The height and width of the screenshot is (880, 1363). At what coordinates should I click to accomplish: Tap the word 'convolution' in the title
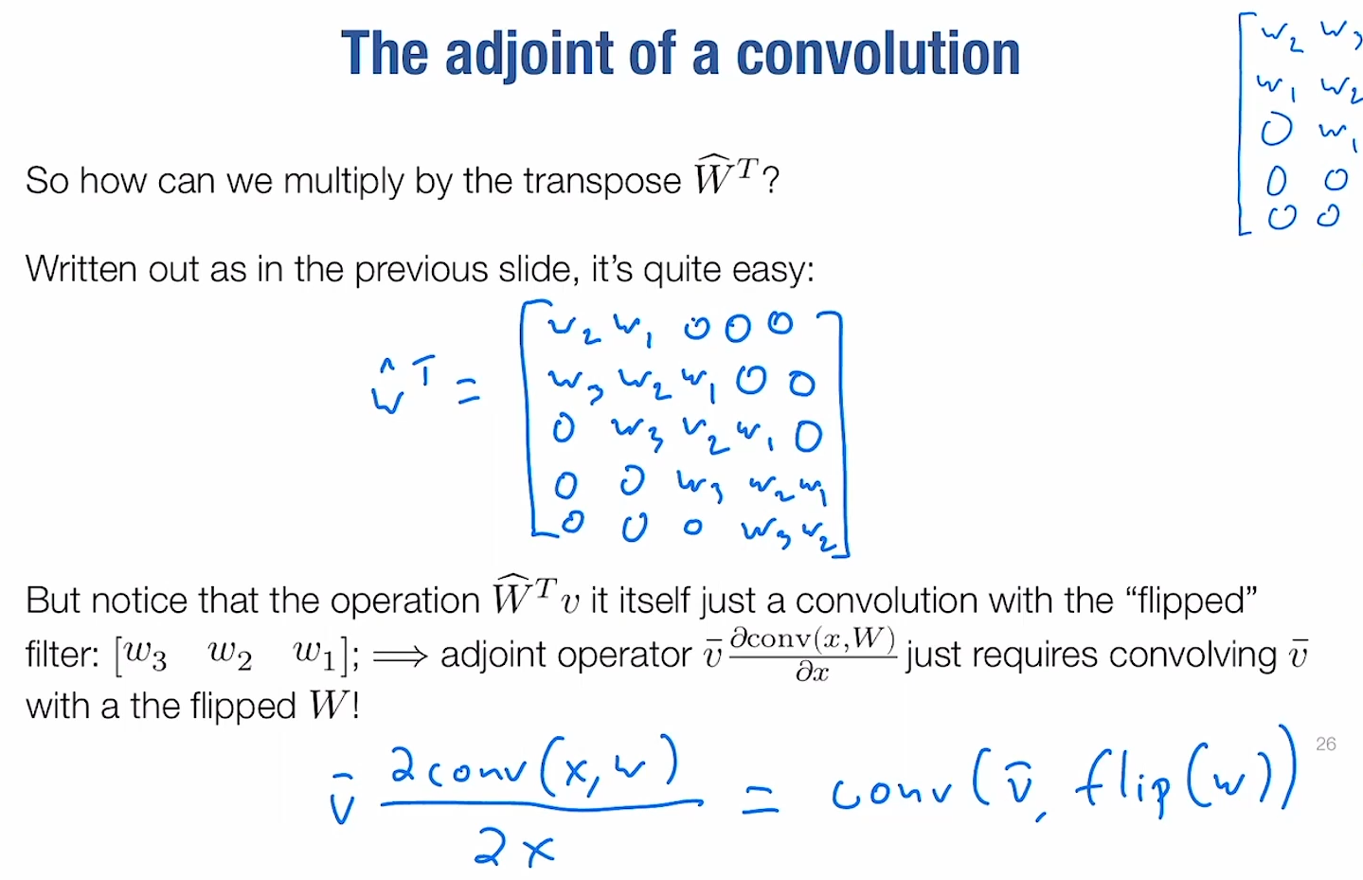tap(878, 54)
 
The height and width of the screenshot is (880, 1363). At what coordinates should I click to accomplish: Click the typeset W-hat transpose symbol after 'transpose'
tap(726, 175)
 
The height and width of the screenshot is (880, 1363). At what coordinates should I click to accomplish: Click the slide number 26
tap(1325, 745)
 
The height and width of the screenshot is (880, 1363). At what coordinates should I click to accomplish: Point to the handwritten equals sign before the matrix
tap(468, 390)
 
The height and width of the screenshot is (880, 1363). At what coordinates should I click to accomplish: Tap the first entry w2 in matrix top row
tap(575, 330)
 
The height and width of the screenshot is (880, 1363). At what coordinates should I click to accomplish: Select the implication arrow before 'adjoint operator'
tap(401, 656)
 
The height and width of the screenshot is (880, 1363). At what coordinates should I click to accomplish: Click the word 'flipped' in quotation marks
tap(1191, 601)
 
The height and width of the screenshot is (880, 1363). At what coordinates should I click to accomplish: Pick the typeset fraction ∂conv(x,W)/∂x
tap(813, 654)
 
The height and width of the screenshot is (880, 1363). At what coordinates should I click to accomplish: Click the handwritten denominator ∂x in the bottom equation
tap(514, 849)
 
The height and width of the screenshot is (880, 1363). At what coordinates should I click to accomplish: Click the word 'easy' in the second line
tap(773, 270)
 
